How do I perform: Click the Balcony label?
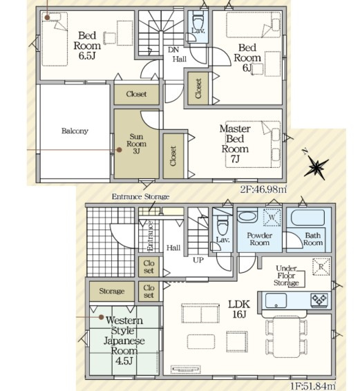75,131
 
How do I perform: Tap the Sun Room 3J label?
136,144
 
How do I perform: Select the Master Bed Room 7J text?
235,144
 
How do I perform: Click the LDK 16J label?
239,309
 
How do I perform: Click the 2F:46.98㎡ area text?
263,189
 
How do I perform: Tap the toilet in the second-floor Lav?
198,21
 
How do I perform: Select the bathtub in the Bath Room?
308,218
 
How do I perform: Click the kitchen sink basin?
276,301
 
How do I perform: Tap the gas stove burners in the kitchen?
319,300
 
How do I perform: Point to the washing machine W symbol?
272,218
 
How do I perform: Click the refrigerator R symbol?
321,267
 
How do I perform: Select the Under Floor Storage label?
286,276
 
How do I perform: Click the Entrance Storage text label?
140,197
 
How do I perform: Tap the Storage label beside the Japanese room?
112,291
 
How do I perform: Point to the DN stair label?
173,50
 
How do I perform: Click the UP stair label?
198,260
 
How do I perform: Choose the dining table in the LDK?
287,336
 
